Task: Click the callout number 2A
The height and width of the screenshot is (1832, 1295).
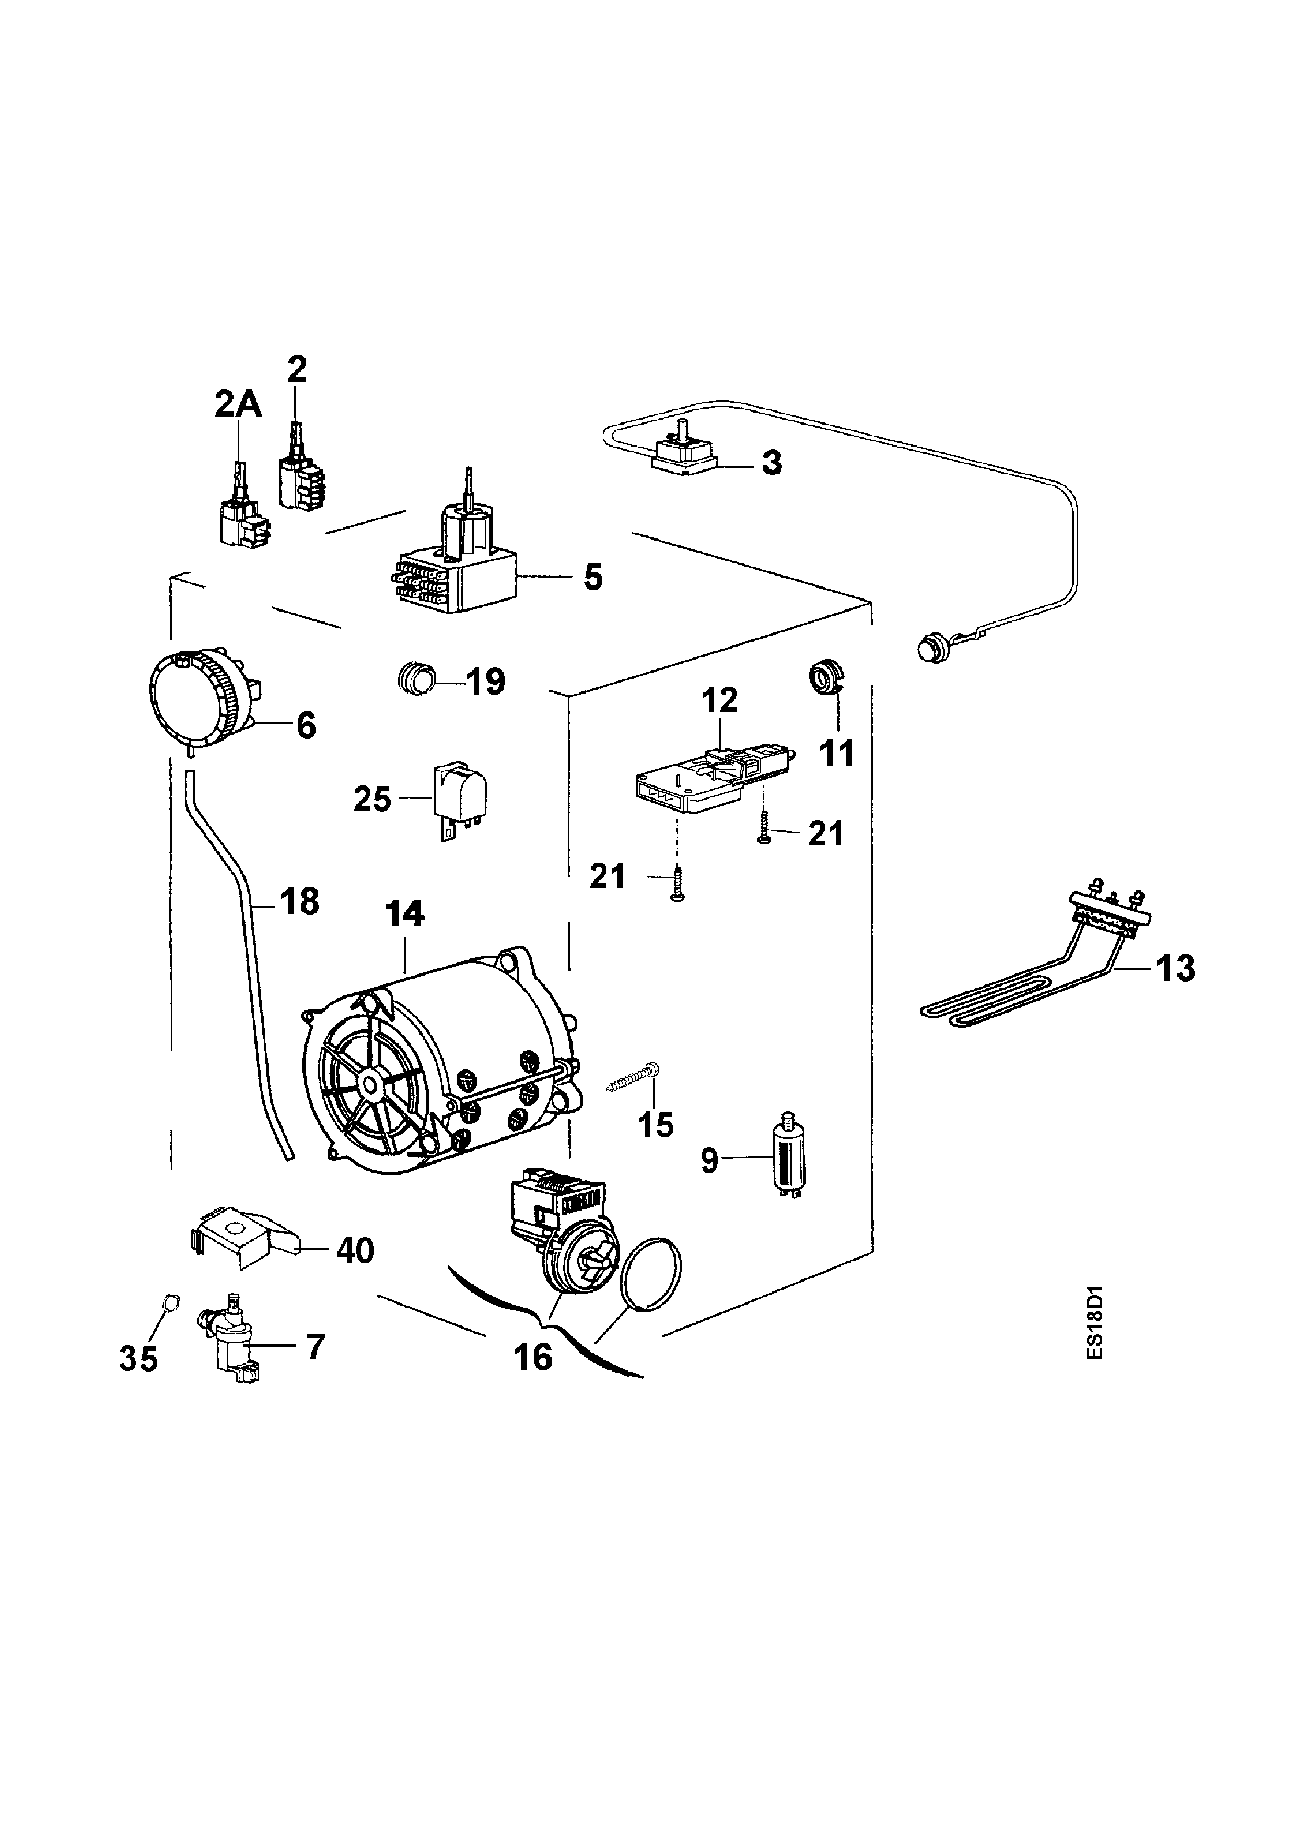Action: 238,405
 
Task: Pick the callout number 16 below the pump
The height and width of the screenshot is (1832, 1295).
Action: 533,1356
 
